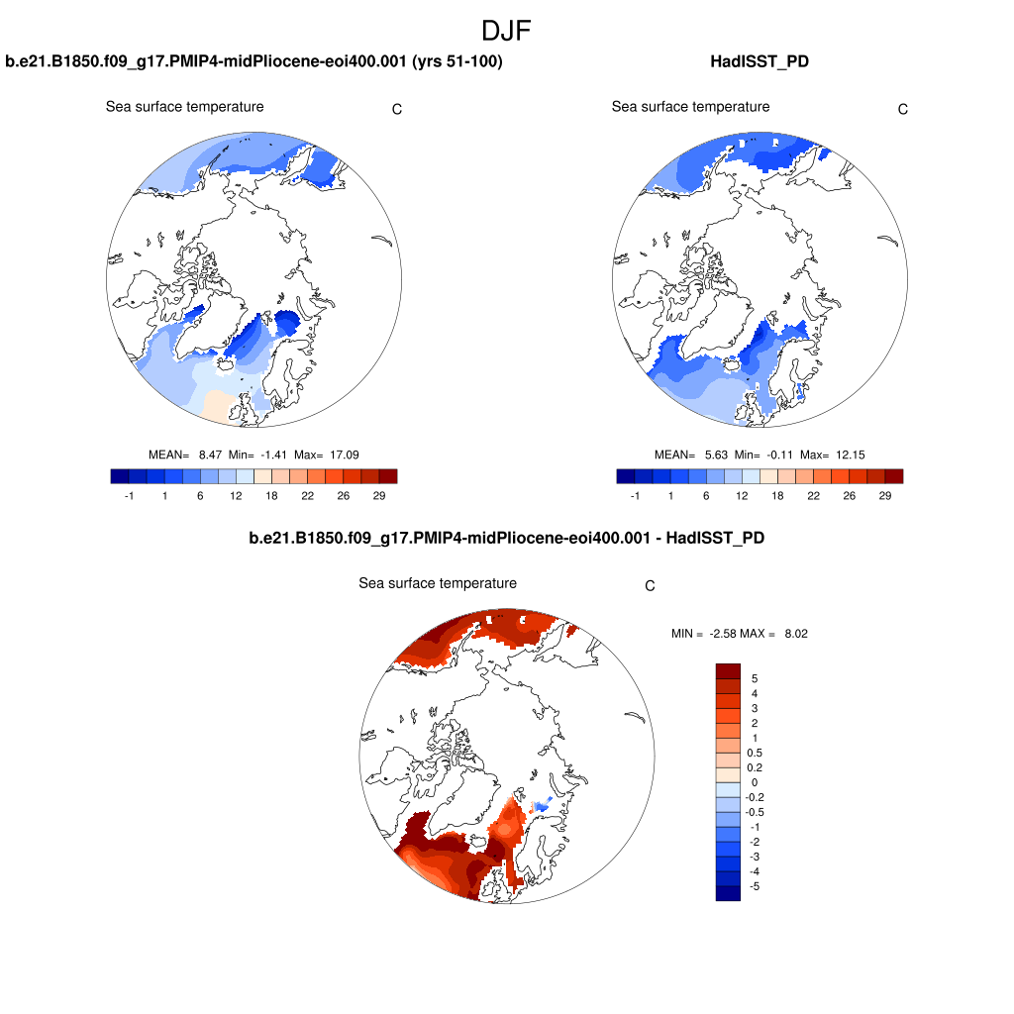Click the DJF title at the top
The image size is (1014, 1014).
tap(506, 31)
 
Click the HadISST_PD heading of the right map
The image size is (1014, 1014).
tap(760, 61)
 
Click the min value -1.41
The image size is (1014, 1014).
tap(273, 455)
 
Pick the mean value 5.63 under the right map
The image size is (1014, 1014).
tap(715, 455)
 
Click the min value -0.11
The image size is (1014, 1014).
tap(779, 455)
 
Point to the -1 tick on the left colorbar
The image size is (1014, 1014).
tap(129, 495)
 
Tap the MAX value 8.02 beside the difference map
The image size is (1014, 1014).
tap(796, 633)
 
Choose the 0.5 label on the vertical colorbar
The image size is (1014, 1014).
tap(755, 753)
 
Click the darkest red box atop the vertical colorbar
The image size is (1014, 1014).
tap(728, 670)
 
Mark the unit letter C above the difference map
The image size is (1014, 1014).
tap(650, 585)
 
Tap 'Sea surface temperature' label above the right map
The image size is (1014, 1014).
tap(690, 107)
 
